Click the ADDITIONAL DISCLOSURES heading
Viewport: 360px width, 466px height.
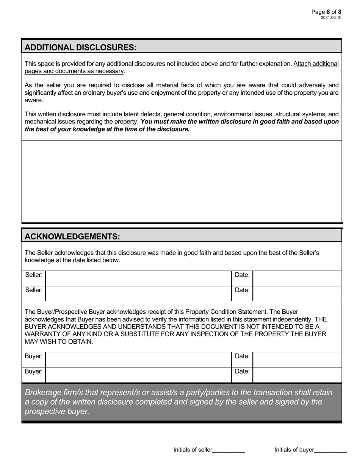coord(80,47)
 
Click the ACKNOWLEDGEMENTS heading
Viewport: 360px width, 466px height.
coord(72,237)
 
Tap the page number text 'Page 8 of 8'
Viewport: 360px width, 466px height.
coord(326,12)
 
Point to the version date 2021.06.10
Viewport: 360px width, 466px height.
coord(331,18)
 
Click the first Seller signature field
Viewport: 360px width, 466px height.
coord(138,278)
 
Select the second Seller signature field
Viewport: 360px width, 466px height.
coord(138,294)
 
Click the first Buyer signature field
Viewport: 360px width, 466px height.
coord(138,360)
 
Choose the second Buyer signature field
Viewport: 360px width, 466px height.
coord(138,375)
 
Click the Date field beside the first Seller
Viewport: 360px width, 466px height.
coord(297,278)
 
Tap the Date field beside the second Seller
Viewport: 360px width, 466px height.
coord(297,294)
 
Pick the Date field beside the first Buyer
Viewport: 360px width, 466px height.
coord(297,360)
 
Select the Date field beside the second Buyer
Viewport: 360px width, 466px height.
coord(297,375)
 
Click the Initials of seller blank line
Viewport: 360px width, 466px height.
coord(229,450)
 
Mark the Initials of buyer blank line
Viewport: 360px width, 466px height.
coord(330,450)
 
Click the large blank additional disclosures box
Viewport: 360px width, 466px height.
coord(182,181)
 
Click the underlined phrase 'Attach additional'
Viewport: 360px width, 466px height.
coord(316,64)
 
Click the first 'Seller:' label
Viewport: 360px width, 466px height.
coord(34,275)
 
